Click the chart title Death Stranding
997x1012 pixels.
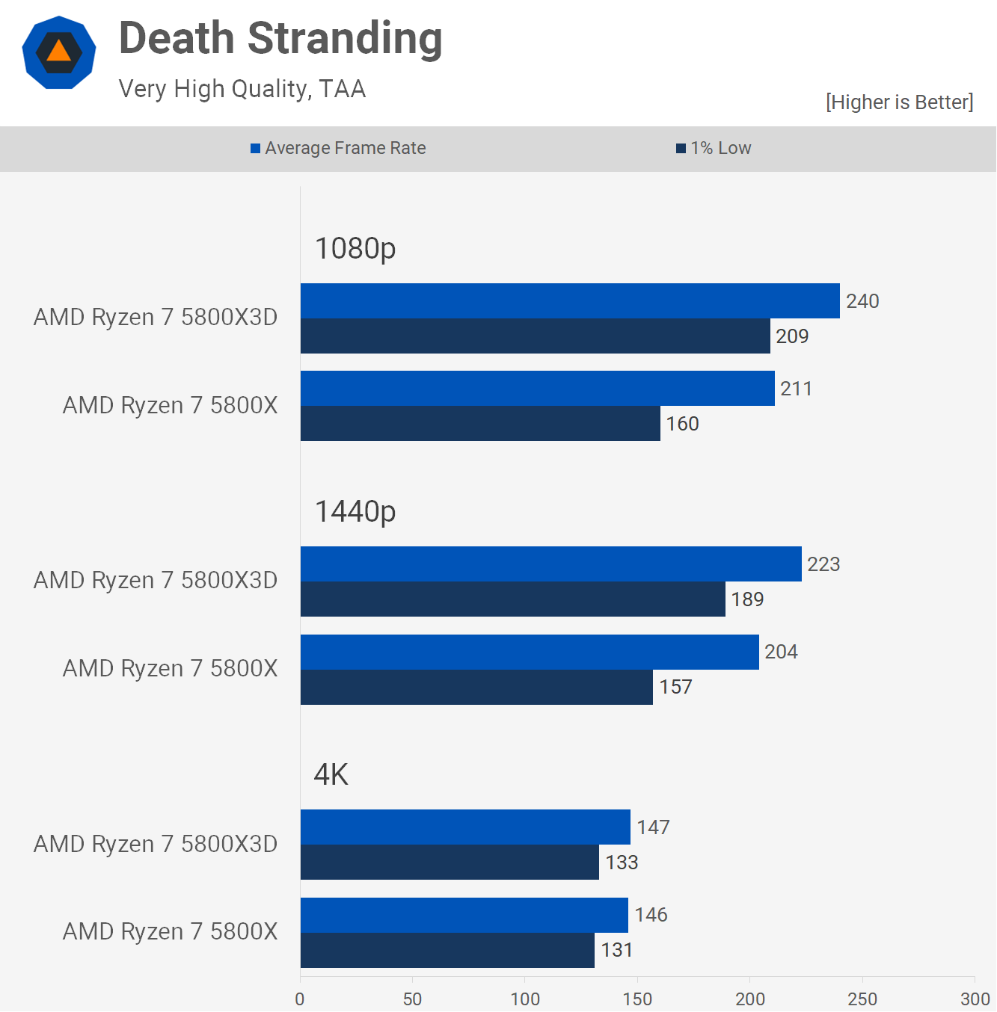[280, 38]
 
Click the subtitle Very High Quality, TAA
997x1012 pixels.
[242, 89]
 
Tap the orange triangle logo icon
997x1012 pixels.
[59, 52]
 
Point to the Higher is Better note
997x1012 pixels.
[899, 102]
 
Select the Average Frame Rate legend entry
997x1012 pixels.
[338, 148]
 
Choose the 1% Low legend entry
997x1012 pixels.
[714, 148]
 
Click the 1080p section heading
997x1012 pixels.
[355, 248]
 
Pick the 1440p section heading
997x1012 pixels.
[355, 511]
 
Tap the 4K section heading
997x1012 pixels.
[331, 774]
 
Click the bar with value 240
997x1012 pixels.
[570, 301]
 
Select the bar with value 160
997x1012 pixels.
[480, 424]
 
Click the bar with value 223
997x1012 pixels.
[550, 564]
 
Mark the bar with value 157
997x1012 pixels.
[476, 687]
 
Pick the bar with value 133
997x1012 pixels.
[450, 863]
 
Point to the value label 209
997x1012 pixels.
[792, 336]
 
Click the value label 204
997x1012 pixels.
[781, 652]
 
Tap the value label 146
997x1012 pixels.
[651, 915]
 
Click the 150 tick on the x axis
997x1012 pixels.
[637, 999]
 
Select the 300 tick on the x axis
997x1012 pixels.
[975, 999]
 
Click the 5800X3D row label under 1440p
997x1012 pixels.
[156, 581]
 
